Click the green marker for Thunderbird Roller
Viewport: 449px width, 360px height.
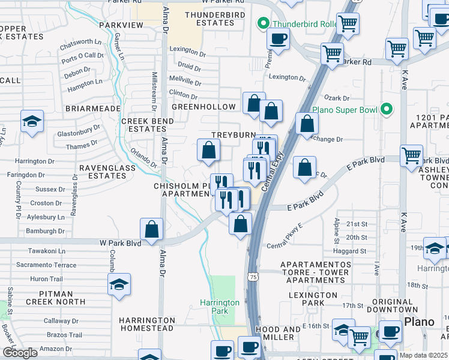(262, 24)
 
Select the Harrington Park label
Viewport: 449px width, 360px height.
(220, 307)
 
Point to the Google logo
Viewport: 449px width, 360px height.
(20, 353)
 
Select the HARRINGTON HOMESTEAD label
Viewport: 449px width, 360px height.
(146, 324)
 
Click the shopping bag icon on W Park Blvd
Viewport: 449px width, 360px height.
(152, 229)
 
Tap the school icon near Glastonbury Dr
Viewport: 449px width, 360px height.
(32, 122)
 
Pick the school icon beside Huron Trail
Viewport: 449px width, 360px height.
(119, 284)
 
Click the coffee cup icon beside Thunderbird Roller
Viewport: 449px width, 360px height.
(277, 40)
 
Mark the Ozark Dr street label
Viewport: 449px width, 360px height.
(337, 98)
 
